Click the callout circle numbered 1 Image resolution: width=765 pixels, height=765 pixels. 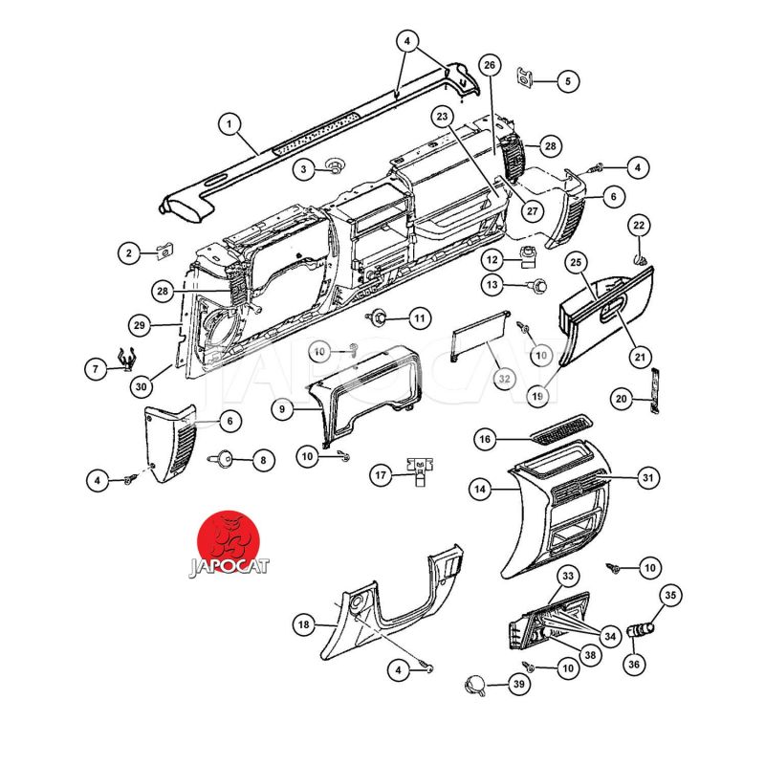[229, 124]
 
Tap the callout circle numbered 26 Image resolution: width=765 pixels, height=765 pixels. [490, 65]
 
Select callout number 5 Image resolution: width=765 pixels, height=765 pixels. [567, 81]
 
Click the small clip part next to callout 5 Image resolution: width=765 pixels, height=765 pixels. [524, 76]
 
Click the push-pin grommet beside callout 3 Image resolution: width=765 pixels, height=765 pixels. [334, 164]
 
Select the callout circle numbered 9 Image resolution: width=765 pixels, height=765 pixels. [282, 408]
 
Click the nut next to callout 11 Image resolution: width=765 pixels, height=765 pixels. [377, 317]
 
